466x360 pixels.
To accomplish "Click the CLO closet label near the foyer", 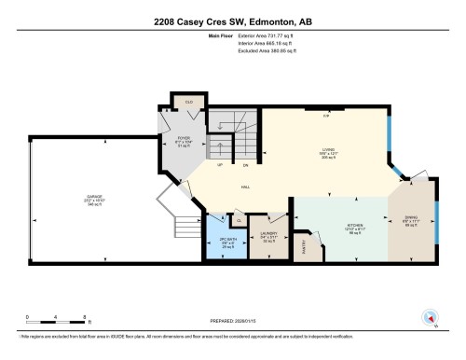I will [x=189, y=102].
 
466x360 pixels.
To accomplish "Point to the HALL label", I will [x=245, y=187].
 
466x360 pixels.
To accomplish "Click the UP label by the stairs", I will [x=221, y=164].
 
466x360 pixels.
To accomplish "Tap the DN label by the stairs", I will [x=245, y=165].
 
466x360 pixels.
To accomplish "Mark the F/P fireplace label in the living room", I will [x=326, y=115].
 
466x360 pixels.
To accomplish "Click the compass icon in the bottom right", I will [x=430, y=316].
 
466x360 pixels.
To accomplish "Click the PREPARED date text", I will [x=232, y=321].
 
